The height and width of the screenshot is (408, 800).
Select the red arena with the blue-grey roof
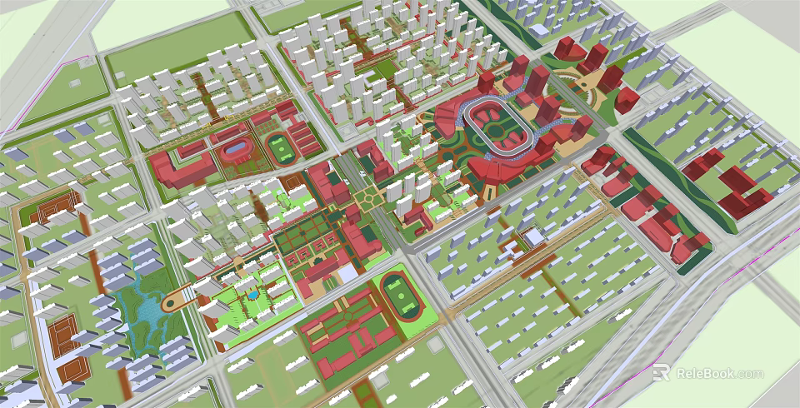[236, 151]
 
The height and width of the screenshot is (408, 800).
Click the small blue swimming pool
[250, 293]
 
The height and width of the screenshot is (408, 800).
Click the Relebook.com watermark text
[719, 373]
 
